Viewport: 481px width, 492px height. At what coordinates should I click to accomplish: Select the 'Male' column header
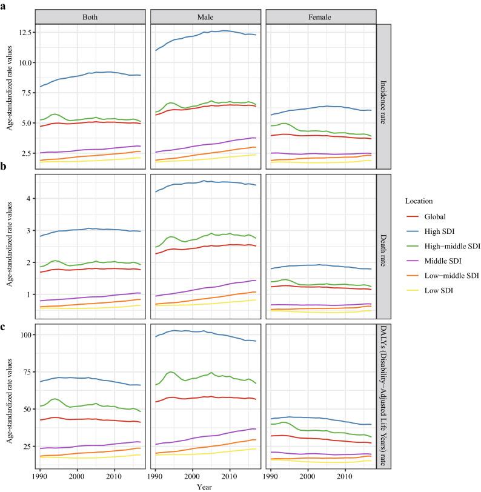tap(206, 18)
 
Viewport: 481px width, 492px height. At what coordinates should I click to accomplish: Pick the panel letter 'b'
tap(4, 165)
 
